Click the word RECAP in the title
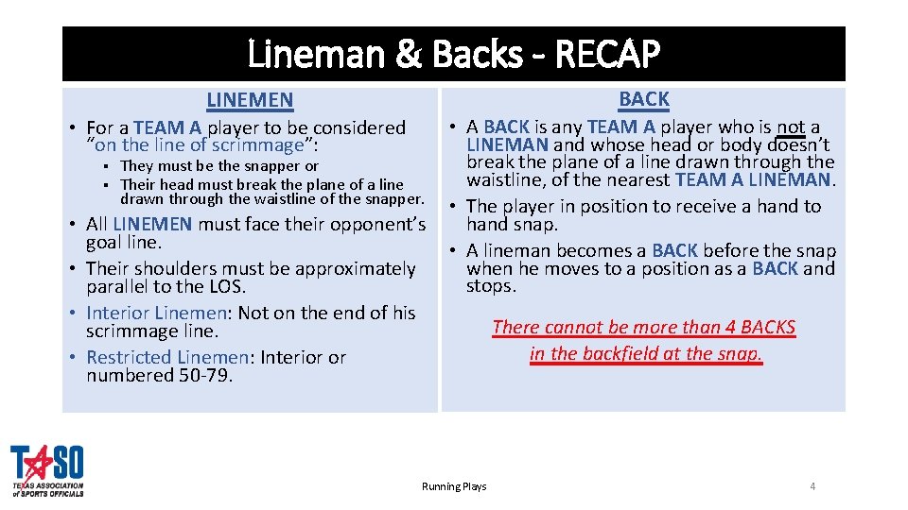[x=606, y=56]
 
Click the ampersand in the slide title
[x=409, y=56]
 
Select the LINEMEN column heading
[x=250, y=99]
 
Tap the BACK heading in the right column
[x=644, y=98]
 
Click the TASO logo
[x=47, y=470]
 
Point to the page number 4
[x=812, y=486]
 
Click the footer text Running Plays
[x=454, y=486]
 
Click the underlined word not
[x=792, y=127]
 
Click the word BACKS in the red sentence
[x=766, y=328]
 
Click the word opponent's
[x=376, y=224]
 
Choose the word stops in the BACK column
[x=491, y=286]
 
